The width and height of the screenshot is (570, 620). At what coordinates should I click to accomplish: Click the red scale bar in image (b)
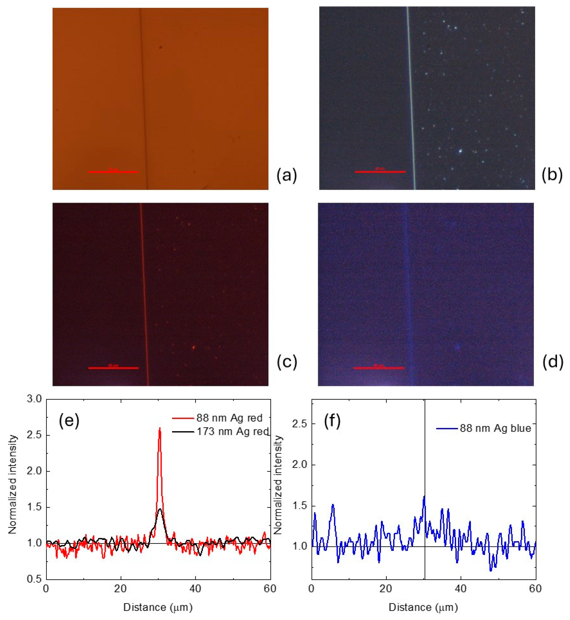[x=380, y=171]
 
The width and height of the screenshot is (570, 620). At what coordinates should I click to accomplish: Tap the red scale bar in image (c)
[x=113, y=368]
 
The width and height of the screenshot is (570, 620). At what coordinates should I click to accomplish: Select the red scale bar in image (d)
[x=378, y=368]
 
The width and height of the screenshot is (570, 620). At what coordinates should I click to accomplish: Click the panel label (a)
[x=286, y=175]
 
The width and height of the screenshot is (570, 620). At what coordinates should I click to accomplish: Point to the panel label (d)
[x=552, y=362]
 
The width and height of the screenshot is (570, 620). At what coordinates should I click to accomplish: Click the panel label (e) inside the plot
[x=69, y=421]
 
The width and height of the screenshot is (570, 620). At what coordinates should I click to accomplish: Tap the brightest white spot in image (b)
[x=460, y=151]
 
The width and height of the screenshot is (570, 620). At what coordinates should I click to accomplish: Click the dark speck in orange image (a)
[x=160, y=47]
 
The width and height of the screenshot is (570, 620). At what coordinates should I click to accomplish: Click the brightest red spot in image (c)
[x=193, y=347]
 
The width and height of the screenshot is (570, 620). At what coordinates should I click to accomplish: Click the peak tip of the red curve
[x=159, y=429]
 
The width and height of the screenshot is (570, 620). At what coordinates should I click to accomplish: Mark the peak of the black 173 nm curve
[x=159, y=509]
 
